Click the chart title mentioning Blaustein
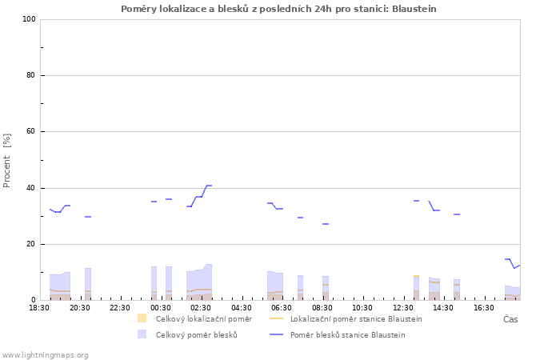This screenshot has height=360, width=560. coord(278,9)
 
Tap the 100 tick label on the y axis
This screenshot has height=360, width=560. coord(29,19)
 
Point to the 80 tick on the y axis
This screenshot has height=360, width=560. coord(31,75)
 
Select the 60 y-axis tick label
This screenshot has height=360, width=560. coord(31,131)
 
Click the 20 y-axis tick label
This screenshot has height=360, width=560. coord(31,244)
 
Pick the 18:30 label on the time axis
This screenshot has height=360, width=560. coord(39,308)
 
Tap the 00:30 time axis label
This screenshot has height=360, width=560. coord(160,308)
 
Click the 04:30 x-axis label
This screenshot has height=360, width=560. coord(242,308)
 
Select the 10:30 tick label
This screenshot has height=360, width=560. coord(362,308)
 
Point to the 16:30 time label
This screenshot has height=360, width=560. coord(484,308)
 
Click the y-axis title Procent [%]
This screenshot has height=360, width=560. coord(6,160)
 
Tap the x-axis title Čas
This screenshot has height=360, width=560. coord(510,319)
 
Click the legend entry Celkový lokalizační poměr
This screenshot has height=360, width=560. coord(204,319)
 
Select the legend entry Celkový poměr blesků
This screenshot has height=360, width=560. coord(197,335)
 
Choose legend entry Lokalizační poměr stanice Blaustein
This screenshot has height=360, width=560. coord(356,319)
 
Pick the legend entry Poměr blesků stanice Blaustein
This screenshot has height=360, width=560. coord(348,335)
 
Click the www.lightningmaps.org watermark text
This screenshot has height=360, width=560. coord(45,355)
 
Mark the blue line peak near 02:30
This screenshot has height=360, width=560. coord(209,186)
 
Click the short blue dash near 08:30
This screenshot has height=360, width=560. coord(326,224)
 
